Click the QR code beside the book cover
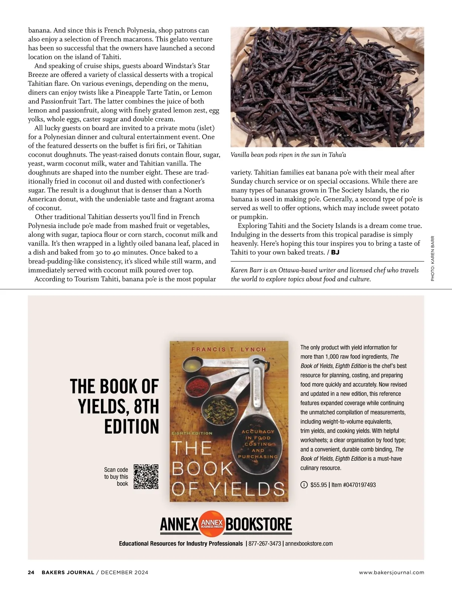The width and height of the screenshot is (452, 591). (146, 476)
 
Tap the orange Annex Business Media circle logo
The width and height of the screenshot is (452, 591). (212, 524)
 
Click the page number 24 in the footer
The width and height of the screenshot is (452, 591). (31, 573)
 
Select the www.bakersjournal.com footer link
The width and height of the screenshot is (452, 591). (391, 573)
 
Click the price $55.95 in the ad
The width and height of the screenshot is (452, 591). (319, 485)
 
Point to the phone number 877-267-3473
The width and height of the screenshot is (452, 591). (264, 544)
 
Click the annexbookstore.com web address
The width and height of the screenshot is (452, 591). (309, 544)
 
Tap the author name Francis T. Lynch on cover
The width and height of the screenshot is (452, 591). (229, 350)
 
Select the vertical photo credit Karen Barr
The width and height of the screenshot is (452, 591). (432, 258)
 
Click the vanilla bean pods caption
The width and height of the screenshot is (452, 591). (288, 155)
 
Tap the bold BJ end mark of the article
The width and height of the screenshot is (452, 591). (335, 252)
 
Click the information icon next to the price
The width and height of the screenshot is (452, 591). (304, 485)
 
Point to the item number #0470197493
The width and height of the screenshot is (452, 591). (354, 485)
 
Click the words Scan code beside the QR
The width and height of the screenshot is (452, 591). (116, 470)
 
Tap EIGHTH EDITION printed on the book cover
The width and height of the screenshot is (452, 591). (192, 433)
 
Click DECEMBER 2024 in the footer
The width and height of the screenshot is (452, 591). (124, 573)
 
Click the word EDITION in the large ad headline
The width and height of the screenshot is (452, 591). (131, 426)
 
